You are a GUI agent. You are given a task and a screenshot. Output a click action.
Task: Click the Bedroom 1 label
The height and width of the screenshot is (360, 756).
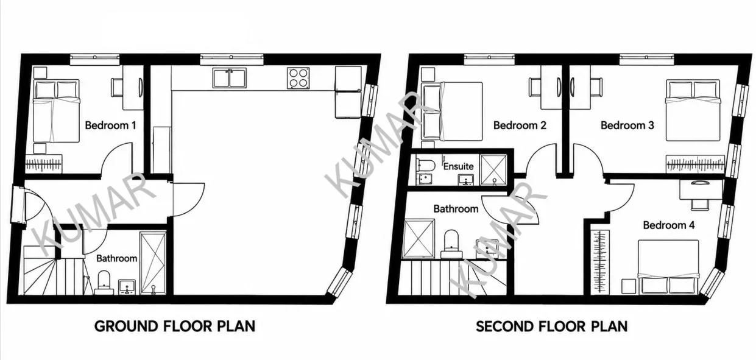point(110,125)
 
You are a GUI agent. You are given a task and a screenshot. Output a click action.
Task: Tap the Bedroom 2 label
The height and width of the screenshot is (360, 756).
point(520,125)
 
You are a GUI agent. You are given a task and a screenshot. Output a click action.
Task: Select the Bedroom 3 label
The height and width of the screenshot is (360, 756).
point(627,125)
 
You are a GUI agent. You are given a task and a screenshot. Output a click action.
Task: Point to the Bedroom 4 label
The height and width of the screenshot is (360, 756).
point(669,225)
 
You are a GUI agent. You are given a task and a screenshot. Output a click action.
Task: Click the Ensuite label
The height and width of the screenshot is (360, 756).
point(458,166)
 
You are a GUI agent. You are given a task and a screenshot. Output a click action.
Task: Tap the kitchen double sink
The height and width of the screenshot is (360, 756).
point(230,79)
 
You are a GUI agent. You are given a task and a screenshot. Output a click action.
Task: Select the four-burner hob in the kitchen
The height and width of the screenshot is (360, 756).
point(299,79)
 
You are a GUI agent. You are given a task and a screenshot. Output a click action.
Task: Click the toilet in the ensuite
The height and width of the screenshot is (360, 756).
point(425,165)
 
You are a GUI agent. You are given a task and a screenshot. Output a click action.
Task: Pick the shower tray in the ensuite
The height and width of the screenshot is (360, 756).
point(493,170)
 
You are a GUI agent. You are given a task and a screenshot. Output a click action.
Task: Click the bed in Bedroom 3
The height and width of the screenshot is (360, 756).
point(693,110)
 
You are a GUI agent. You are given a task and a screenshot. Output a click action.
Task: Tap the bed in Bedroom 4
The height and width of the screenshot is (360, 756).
point(668,267)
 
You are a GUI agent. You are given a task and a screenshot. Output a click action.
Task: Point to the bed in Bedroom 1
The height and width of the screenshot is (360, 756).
point(57,111)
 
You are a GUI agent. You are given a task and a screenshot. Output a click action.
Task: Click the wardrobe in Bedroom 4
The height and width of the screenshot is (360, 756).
point(600,261)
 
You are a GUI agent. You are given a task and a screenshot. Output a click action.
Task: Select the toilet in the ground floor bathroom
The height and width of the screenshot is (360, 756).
point(104,282)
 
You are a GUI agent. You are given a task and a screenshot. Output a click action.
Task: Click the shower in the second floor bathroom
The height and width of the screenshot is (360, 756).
point(419,239)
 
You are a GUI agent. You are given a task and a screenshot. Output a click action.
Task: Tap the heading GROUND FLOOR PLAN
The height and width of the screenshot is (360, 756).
point(175,326)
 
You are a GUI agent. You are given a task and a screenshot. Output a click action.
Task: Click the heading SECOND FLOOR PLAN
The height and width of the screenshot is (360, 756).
point(552,326)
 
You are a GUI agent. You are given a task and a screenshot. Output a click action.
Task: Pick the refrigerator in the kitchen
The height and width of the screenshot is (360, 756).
point(348,92)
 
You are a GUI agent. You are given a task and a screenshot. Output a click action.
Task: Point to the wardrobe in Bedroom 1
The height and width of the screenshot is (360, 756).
point(44,164)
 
